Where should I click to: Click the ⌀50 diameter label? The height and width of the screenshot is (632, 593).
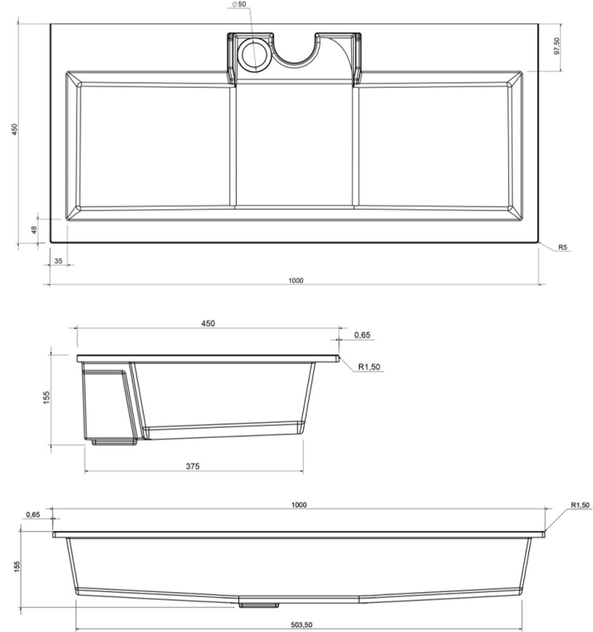[x=238, y=4]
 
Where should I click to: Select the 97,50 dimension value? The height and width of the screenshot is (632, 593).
[x=557, y=46]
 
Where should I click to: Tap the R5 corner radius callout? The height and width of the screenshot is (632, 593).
[x=563, y=247]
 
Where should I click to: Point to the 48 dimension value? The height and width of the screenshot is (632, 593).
[x=34, y=230]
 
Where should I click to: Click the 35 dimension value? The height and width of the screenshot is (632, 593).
[x=58, y=260]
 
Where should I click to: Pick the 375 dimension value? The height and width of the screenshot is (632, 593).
[x=193, y=466]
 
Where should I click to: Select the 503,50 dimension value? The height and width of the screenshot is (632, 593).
[x=301, y=625]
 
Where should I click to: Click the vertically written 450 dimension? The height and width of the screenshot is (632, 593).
[x=14, y=129]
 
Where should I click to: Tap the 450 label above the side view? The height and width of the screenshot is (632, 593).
[x=208, y=323]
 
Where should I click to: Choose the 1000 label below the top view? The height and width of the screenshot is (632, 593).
[x=296, y=280]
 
